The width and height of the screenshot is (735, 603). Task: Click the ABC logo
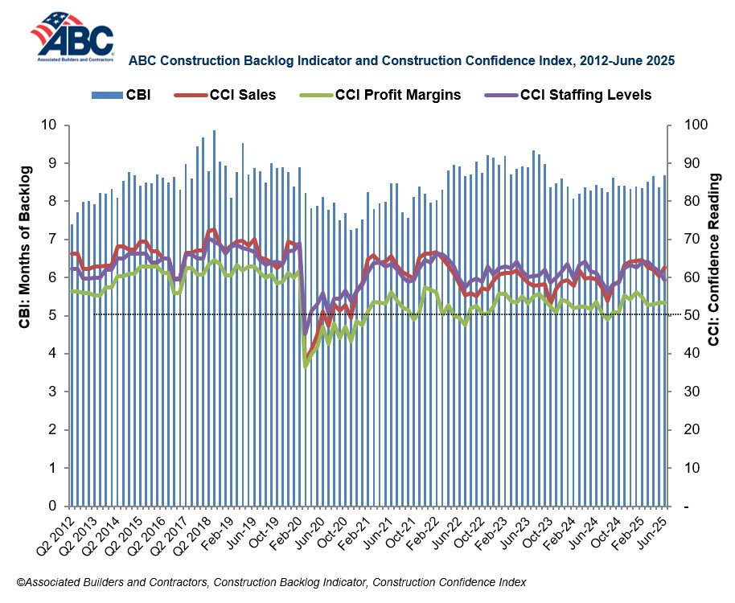coord(72,36)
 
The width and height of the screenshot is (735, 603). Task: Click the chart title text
coord(401,59)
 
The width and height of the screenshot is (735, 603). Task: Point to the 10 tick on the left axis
coord(51,125)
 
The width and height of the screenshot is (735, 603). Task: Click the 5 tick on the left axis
coord(55,315)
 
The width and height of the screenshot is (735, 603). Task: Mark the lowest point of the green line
coord(305,367)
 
